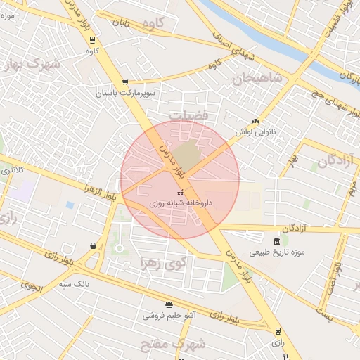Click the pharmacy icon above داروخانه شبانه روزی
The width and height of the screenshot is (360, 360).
(180, 193)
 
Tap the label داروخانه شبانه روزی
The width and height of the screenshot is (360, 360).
(180, 203)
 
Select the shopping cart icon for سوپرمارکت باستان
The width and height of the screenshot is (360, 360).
(125, 82)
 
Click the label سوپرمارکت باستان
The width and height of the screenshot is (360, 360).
(126, 93)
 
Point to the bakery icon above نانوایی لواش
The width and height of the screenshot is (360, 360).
(255, 120)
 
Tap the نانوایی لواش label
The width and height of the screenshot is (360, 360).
(255, 131)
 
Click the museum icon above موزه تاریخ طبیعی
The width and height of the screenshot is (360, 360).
(276, 241)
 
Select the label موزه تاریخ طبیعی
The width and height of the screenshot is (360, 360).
(276, 252)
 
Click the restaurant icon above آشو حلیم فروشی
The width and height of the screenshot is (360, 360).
(169, 304)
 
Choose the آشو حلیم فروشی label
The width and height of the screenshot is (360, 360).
(169, 316)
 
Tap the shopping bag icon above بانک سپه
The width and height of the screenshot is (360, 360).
(94, 245)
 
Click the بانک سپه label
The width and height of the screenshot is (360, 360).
(76, 284)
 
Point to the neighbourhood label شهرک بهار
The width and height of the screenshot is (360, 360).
(32, 65)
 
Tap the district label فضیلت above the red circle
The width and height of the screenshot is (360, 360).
(189, 114)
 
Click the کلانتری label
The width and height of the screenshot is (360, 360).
(11, 169)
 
